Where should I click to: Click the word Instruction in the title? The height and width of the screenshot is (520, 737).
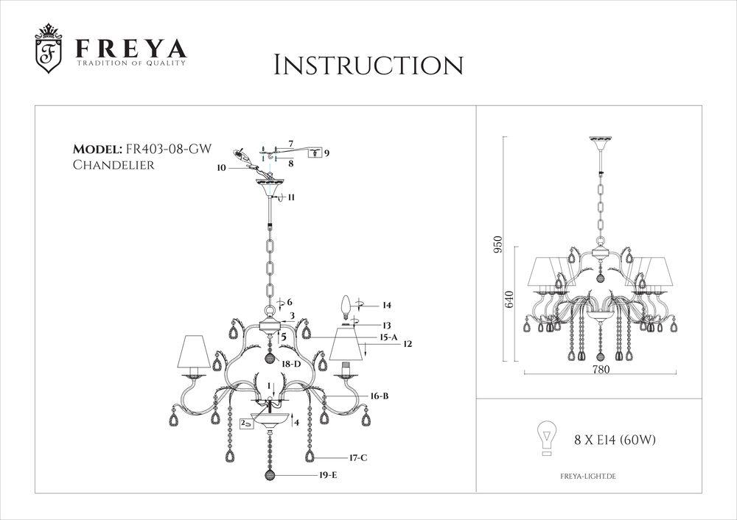click(368, 65)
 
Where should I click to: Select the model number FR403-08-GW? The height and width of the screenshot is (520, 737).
click(168, 149)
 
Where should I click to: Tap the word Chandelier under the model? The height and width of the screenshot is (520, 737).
click(113, 165)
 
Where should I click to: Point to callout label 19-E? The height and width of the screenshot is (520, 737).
click(329, 476)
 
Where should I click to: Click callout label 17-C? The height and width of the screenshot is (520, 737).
click(358, 457)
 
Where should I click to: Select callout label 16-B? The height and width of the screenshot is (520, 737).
click(380, 396)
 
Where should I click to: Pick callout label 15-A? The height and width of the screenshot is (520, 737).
click(389, 337)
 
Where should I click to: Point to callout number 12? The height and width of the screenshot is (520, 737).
click(407, 344)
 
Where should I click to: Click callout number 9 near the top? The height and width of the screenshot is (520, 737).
click(326, 152)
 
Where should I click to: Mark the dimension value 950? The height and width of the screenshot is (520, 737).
click(498, 244)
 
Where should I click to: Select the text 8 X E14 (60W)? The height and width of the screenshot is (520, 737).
click(615, 440)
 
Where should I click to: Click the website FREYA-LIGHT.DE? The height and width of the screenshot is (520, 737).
click(584, 477)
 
